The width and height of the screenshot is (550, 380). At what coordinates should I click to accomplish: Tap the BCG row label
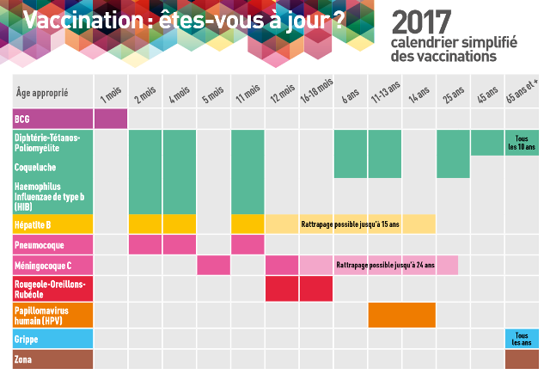(24, 119)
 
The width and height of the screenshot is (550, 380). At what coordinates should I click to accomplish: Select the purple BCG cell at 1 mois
(110, 119)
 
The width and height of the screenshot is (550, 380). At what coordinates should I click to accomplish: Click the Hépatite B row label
(34, 224)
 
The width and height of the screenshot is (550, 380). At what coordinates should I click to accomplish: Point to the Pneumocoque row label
(37, 246)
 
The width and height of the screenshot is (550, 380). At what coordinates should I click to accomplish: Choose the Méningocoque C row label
(43, 266)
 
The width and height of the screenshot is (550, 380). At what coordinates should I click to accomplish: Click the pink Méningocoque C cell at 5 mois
(213, 266)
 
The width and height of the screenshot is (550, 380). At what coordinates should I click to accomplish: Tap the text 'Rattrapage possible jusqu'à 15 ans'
(350, 224)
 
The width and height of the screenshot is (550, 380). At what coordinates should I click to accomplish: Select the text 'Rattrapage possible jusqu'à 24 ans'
(385, 266)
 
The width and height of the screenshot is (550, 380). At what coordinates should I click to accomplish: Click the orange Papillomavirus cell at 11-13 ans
(385, 315)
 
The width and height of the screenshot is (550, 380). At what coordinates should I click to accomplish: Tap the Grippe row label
(27, 339)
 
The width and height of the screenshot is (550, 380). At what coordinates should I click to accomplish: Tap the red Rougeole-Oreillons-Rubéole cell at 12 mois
(281, 289)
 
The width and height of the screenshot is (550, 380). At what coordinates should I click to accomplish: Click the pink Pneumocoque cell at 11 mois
(247, 245)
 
